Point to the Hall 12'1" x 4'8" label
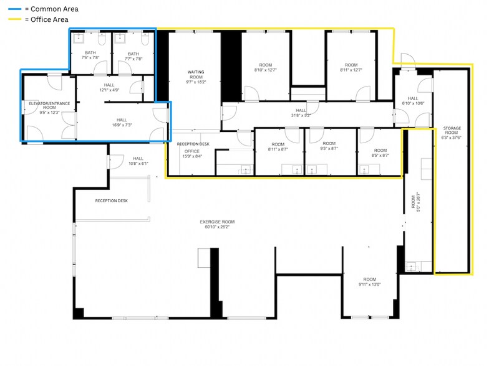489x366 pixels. (110, 88)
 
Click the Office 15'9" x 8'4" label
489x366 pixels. (192, 154)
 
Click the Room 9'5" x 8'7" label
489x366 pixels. (329, 147)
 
